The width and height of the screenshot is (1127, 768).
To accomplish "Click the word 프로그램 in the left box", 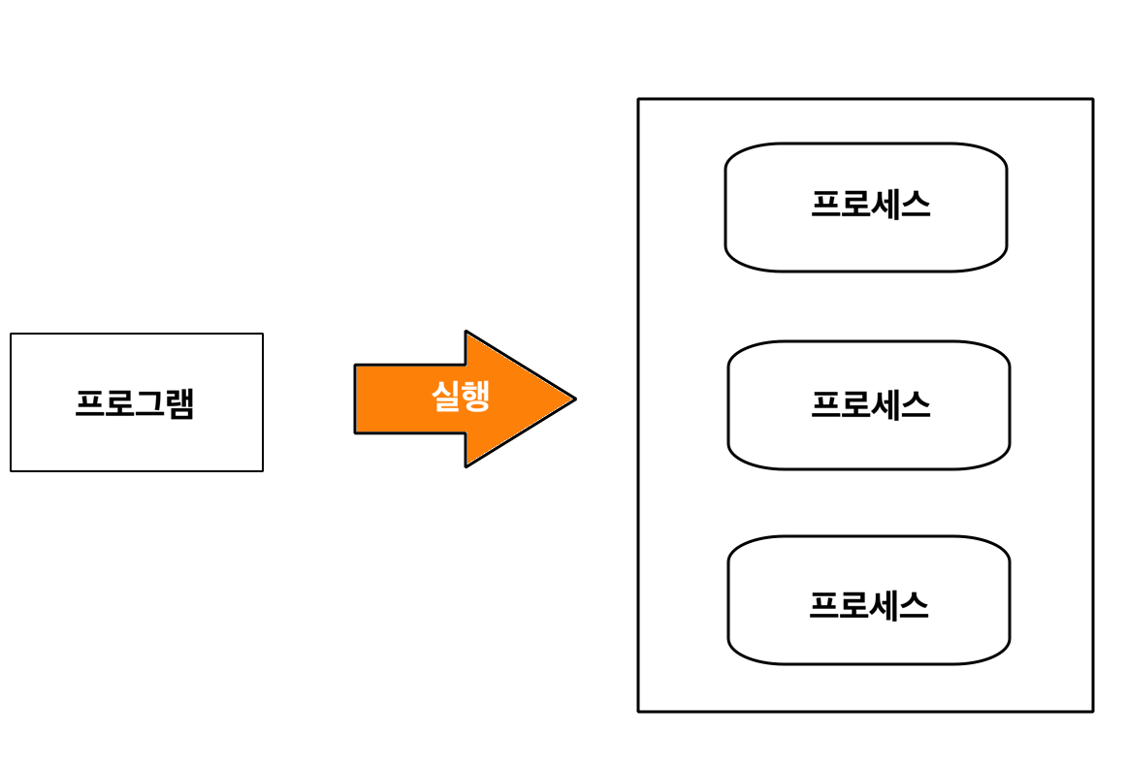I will click(x=135, y=403).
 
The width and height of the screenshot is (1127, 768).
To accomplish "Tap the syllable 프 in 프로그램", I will click(x=90, y=403).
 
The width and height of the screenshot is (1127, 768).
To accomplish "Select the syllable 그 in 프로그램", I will click(x=149, y=403).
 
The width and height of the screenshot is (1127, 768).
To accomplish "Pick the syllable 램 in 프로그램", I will click(x=179, y=403).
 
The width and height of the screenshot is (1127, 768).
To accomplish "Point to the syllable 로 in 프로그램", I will click(x=119, y=403).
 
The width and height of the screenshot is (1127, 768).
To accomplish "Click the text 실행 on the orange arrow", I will click(x=461, y=396).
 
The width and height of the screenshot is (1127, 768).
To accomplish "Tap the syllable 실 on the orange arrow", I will click(x=446, y=396).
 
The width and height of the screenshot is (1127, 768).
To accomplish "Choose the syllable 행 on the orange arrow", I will click(x=475, y=396).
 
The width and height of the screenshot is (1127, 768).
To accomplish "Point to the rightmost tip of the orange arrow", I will click(x=575, y=398).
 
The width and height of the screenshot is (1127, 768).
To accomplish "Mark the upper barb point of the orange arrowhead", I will click(x=466, y=332).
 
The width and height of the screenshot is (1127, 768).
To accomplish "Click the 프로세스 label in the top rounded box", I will click(x=870, y=205).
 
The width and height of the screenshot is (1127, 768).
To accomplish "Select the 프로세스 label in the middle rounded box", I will click(x=870, y=404).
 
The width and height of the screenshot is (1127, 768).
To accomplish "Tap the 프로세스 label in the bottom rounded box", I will click(x=868, y=605).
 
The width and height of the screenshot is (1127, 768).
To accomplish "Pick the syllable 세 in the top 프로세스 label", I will click(x=885, y=205).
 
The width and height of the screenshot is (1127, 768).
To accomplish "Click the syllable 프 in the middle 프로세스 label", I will click(x=825, y=404).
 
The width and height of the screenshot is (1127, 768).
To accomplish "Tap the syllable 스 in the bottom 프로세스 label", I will click(x=914, y=605).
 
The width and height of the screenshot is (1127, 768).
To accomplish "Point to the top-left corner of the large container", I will click(x=638, y=99).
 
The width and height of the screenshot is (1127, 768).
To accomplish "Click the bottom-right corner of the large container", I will click(x=1093, y=711).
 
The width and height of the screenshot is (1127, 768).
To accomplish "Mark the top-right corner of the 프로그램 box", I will click(x=263, y=334).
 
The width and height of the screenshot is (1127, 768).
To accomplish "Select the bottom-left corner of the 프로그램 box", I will click(x=11, y=471).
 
